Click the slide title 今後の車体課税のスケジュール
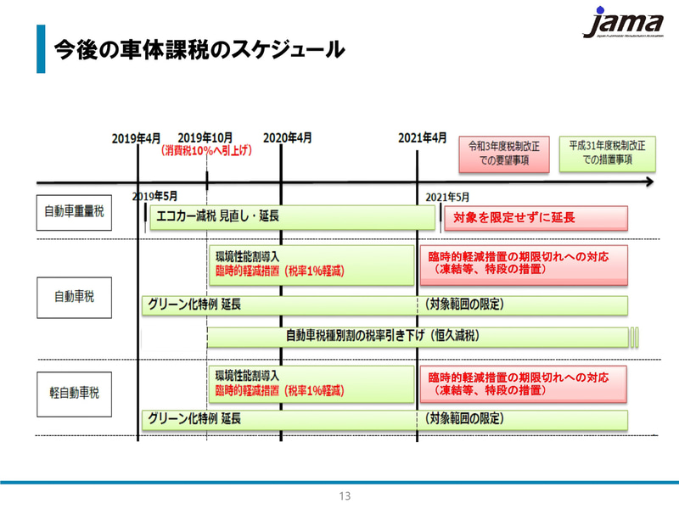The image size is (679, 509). point(199,50)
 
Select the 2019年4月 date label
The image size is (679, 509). point(136,138)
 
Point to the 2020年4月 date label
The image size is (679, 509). point(287,138)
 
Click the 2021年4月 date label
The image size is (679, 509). point(423,138)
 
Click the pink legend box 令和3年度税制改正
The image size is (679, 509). point(504,153)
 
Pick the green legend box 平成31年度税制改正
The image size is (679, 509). point(607,153)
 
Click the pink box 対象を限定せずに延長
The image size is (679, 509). point(536,218)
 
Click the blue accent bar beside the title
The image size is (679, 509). point(40,49)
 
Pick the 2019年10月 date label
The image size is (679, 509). point(205,138)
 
